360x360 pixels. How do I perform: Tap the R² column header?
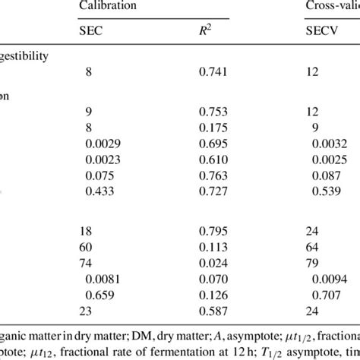204,31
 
